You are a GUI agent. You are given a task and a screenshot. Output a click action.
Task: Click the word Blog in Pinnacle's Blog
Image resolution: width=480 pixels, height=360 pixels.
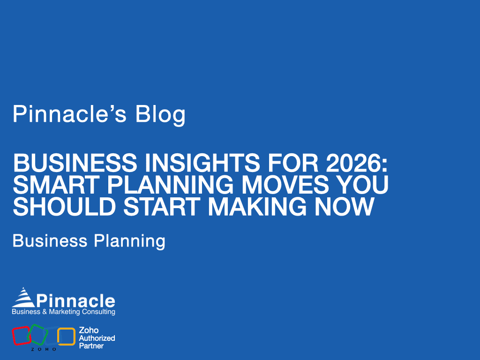(161, 114)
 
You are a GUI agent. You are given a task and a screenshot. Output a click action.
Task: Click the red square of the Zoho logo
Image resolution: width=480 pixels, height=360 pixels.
(21, 336)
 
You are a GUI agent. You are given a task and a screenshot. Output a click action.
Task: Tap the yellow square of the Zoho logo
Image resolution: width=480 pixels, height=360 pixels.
(67, 336)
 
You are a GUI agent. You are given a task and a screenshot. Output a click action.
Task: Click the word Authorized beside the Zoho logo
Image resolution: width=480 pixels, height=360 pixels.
(97, 338)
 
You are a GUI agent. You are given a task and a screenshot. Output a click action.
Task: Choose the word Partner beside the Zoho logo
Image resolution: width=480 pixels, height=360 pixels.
(91, 346)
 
